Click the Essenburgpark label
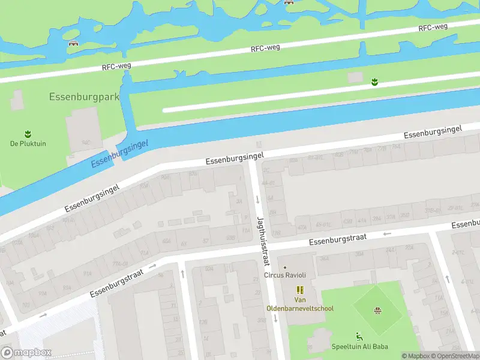point(84,96)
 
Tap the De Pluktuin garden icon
point(28,133)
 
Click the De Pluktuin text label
point(28,143)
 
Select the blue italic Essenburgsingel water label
point(119,152)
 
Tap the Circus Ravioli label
point(285,275)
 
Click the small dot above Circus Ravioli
point(285,268)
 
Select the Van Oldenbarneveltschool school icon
point(300,290)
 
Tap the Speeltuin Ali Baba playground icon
point(359,336)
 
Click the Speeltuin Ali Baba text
point(359,346)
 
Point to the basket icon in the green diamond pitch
point(377,310)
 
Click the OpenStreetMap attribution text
point(454,356)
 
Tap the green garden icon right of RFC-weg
point(374,81)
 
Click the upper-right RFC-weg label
point(433,28)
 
